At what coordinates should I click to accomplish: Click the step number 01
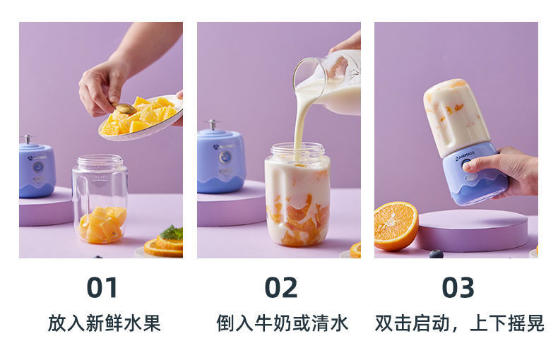coord(102,287)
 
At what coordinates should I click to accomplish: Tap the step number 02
coord(281,287)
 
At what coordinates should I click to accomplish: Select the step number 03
coord(458,287)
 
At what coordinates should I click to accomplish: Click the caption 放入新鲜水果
coord(105,323)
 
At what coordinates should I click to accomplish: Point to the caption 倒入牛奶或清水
coord(283,323)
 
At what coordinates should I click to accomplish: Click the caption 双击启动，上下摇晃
coord(459,323)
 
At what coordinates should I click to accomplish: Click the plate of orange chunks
coord(141,117)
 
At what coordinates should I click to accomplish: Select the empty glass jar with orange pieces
coord(100,199)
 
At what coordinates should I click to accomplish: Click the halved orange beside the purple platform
coord(396,226)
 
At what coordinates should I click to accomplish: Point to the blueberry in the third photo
coord(437,253)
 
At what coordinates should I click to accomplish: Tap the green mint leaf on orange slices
coord(172,233)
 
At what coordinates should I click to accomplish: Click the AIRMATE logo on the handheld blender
coord(465,156)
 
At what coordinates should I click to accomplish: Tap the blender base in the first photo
coord(37,167)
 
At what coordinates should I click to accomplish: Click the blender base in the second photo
coord(220,158)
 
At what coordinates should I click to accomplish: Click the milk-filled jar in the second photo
coord(297,195)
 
